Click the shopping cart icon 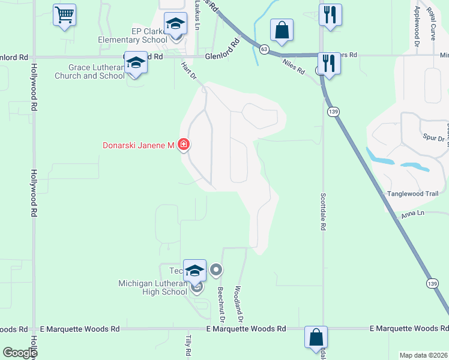pyautogui.click(x=65, y=14)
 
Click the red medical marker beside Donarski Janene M pyautogui.click(x=184, y=145)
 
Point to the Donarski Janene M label pyautogui.click(x=137, y=145)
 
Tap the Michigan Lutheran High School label pyautogui.click(x=152, y=287)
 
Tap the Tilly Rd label pyautogui.click(x=188, y=347)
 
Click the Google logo pyautogui.click(x=19, y=353)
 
